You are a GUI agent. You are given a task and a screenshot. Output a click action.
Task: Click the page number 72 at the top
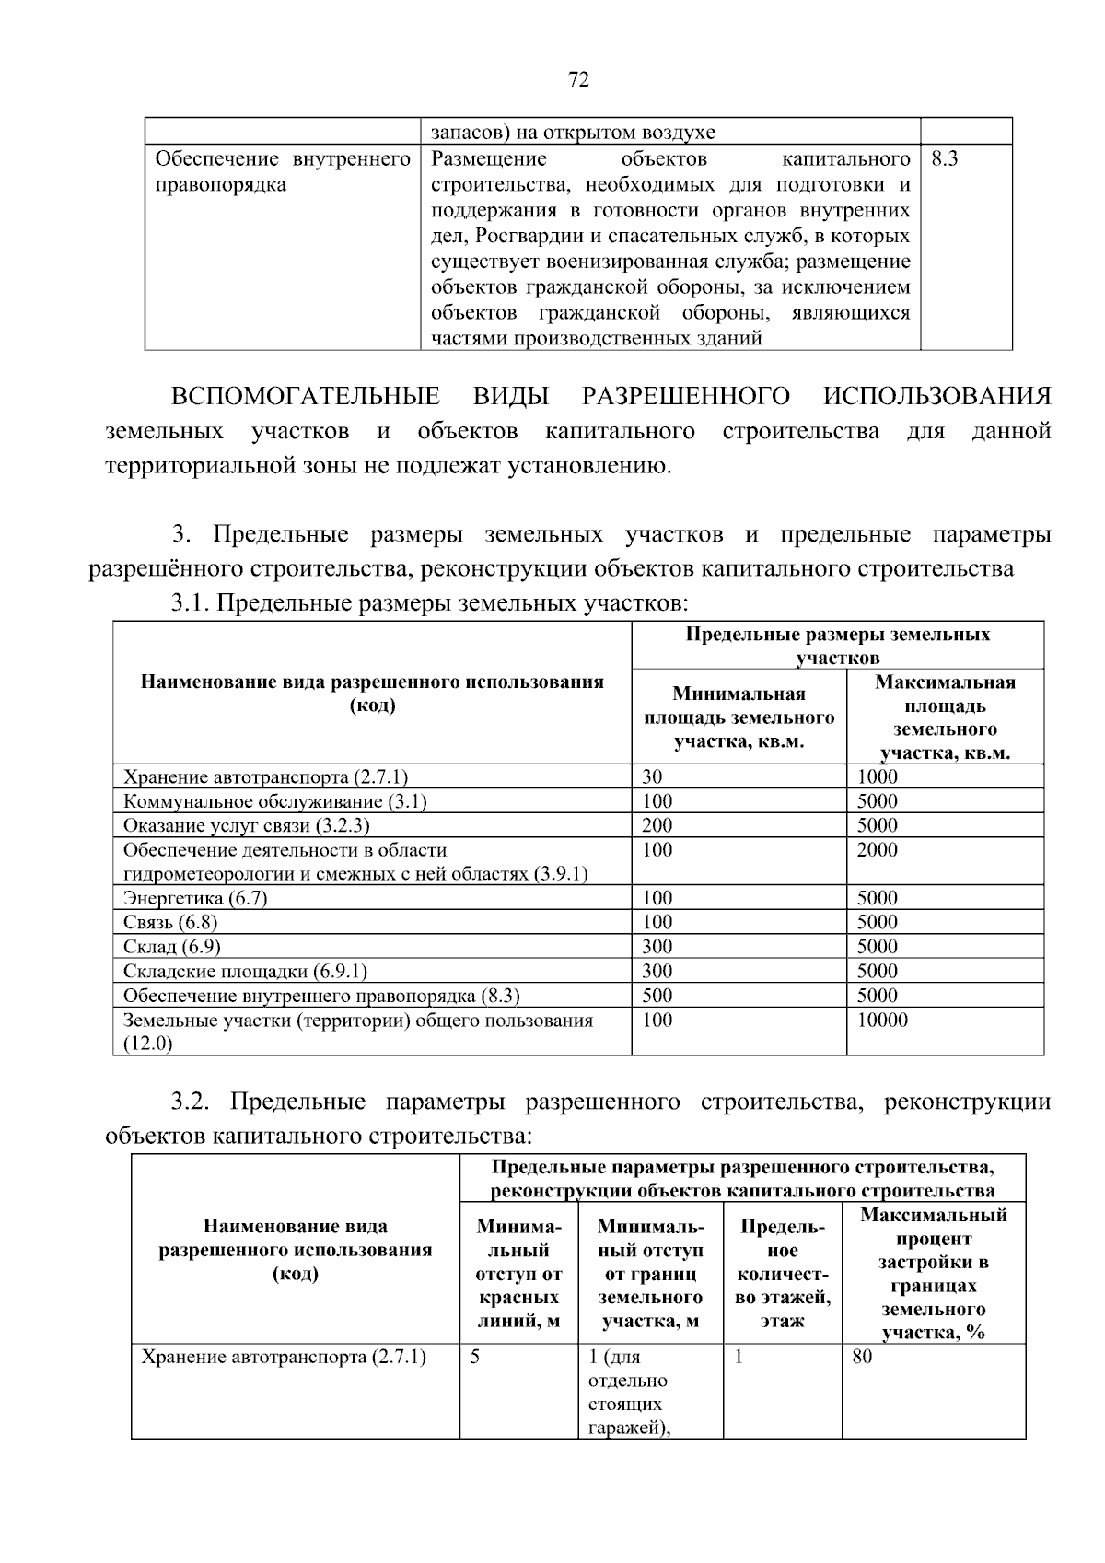click(578, 80)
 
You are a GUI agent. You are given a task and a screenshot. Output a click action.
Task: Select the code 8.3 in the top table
click(944, 159)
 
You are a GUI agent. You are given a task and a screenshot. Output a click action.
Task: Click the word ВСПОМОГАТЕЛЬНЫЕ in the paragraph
click(305, 397)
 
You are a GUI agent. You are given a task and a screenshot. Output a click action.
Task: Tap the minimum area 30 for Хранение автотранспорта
click(652, 776)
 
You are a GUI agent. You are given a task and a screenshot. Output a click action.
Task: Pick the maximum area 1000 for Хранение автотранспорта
click(877, 776)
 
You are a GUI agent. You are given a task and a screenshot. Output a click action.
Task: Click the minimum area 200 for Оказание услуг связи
click(657, 825)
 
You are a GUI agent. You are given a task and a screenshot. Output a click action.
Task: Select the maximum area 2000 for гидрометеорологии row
click(877, 850)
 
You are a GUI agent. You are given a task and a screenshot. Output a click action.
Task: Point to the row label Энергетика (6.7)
click(195, 898)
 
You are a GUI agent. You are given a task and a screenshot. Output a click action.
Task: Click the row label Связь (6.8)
click(170, 922)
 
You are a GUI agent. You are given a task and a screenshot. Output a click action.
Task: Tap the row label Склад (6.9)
click(172, 947)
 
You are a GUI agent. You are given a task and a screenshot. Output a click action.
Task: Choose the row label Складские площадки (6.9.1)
click(245, 971)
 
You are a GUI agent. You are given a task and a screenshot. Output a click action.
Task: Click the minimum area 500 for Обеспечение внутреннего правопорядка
click(657, 996)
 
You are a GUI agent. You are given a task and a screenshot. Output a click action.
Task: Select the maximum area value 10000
click(881, 1020)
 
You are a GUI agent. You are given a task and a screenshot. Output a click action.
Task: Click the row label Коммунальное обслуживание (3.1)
click(274, 801)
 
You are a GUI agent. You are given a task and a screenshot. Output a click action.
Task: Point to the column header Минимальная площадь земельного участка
click(739, 717)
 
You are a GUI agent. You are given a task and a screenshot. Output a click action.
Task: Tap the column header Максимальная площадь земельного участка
click(945, 717)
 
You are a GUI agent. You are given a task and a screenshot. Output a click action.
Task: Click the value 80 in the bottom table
click(861, 1358)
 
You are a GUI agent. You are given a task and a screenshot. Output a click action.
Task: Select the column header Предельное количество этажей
click(782, 1274)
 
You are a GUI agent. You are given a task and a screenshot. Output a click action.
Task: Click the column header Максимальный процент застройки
click(933, 1274)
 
